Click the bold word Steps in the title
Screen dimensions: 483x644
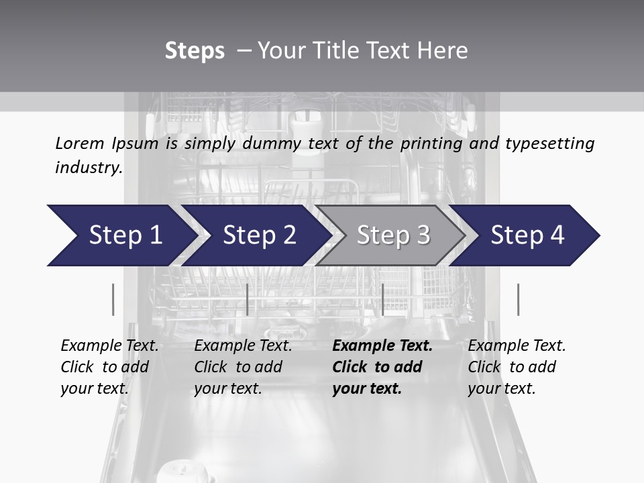(x=195, y=51)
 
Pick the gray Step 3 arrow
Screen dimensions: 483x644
(x=393, y=235)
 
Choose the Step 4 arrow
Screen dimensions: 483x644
(x=527, y=235)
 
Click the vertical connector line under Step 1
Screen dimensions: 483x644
(x=113, y=299)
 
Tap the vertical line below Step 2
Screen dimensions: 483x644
(x=248, y=299)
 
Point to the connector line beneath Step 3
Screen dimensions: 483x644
(x=382, y=299)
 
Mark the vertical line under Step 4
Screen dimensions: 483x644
(x=518, y=299)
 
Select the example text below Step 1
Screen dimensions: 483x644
(x=109, y=367)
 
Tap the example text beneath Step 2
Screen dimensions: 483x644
(x=243, y=367)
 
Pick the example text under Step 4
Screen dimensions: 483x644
(x=517, y=367)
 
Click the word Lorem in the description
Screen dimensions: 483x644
(x=79, y=144)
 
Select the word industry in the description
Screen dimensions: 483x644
(x=88, y=168)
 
